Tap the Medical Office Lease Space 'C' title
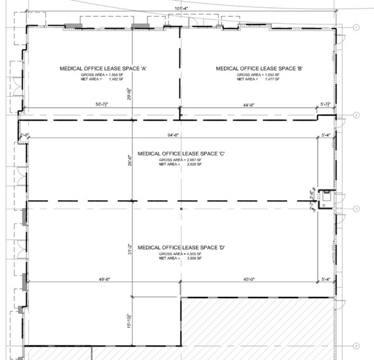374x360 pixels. (x=182, y=154)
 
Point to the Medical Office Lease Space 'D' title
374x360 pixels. (x=182, y=247)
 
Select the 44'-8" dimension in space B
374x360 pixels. (x=249, y=105)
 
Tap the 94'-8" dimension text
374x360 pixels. (x=182, y=135)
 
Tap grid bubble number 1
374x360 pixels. (x=356, y=27)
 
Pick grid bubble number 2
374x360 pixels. (x=356, y=115)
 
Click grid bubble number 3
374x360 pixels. (x=356, y=209)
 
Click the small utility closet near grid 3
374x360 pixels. (x=326, y=196)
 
